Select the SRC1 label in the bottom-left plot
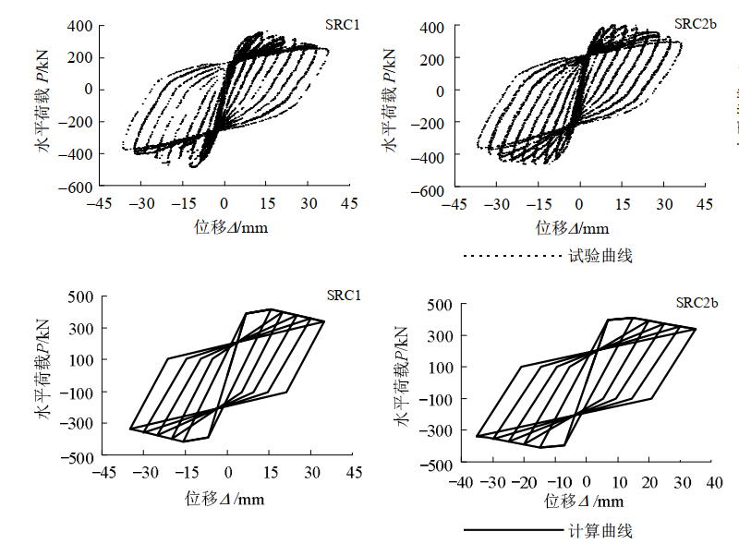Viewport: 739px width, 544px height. [x=343, y=295]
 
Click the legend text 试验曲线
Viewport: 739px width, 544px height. [x=601, y=255]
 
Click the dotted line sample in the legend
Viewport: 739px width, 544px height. [x=512, y=256]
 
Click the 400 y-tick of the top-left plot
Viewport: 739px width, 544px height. [x=80, y=27]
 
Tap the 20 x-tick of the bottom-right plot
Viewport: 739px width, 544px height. [x=651, y=481]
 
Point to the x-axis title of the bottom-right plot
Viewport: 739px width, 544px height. [x=584, y=501]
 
